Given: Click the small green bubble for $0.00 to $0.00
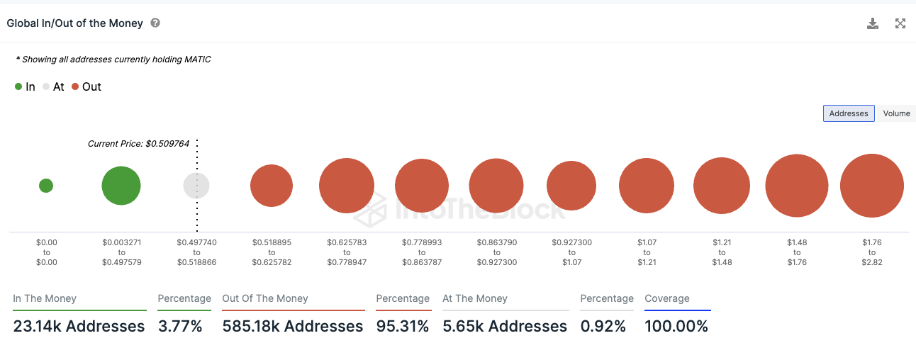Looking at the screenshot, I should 46,186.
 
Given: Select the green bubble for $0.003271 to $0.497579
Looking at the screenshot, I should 121,186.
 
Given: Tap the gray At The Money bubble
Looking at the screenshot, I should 196,186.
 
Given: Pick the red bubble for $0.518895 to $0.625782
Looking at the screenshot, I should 272,186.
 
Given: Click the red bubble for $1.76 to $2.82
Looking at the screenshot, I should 872,186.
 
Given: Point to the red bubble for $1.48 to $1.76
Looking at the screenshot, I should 797,186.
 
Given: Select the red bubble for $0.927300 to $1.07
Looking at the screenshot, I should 571,186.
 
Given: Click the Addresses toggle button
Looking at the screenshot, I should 849,113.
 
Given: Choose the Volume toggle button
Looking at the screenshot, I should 896,113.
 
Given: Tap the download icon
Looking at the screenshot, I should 873,23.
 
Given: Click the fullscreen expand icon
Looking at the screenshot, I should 900,23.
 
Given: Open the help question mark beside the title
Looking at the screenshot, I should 155,23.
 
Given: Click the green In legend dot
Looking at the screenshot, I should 18,86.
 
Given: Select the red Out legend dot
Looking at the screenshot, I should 75,86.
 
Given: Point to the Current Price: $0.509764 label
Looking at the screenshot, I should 138,144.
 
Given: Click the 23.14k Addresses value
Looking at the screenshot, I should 79,326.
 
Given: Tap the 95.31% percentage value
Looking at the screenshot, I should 403,326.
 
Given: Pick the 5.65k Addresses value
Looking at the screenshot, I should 505,326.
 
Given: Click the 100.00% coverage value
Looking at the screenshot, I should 676,326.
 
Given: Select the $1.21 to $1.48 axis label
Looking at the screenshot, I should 722,252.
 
